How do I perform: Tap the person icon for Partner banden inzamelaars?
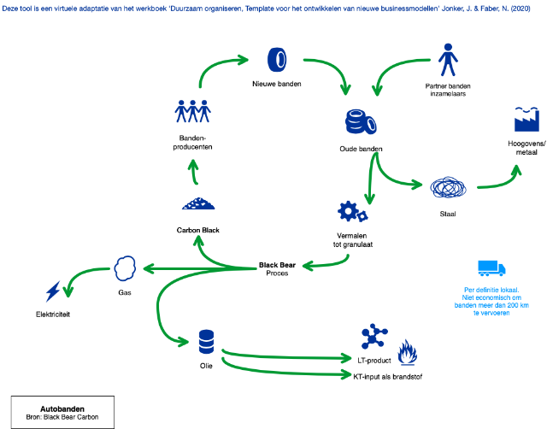pos(448,59)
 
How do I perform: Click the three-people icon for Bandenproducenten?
pos(192,111)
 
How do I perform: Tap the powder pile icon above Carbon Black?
pos(198,204)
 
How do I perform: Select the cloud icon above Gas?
pos(125,268)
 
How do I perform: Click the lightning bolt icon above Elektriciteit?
pos(53,291)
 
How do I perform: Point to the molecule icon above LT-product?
pos(372,337)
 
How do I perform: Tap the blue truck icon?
pos(490,268)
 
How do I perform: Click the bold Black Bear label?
pos(277,266)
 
